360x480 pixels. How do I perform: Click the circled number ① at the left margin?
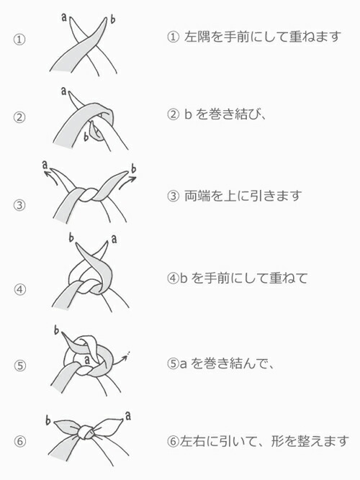click(19, 40)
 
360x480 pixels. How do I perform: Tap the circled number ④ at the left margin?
click(19, 289)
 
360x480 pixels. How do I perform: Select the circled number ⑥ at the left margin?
click(20, 441)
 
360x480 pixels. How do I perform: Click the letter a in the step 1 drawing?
click(64, 17)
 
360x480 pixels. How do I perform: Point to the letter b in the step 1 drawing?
click(112, 19)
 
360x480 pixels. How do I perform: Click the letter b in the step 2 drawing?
click(86, 136)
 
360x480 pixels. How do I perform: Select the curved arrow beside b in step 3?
click(127, 182)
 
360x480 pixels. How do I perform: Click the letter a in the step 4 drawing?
click(114, 239)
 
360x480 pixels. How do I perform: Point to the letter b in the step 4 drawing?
click(71, 237)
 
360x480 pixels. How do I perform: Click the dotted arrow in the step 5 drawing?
click(121, 358)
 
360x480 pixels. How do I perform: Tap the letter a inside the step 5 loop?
click(87, 360)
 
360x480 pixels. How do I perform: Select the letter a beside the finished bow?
click(128, 416)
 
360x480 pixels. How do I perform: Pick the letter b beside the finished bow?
click(48, 420)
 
